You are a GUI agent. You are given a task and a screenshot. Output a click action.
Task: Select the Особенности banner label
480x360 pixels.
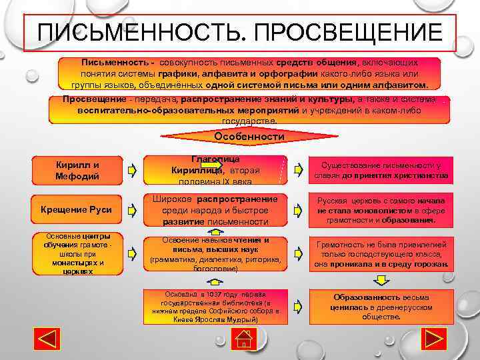coord(249,137)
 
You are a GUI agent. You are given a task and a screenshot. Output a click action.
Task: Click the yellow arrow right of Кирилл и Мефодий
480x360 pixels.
coord(133,171)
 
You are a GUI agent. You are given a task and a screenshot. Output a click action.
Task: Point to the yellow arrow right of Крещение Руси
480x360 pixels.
coord(133,211)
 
